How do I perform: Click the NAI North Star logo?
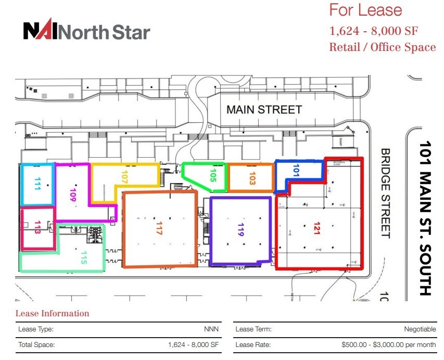[86, 31]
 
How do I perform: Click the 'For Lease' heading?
[365, 10]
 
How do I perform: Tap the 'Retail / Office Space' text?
[382, 47]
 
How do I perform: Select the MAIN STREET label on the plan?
[264, 110]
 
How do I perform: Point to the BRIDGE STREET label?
[386, 193]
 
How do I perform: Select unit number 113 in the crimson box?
[37, 228]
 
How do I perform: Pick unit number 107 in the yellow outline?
[124, 178]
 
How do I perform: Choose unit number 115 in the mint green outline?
[83, 258]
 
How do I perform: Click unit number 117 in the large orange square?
[160, 228]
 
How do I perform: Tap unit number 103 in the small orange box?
[252, 178]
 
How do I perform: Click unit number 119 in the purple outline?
[240, 230]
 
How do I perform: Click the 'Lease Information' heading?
[52, 313]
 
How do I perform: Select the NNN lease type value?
[211, 329]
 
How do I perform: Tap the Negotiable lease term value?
[420, 329]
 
